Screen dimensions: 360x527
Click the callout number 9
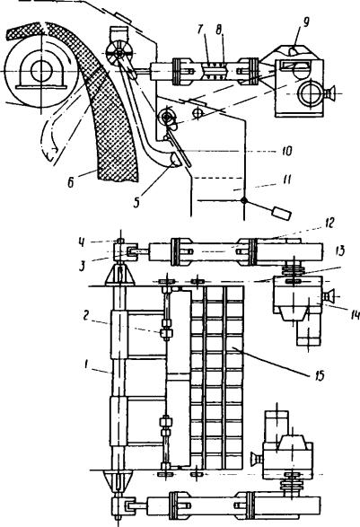click(305, 23)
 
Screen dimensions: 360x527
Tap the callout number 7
click(201, 30)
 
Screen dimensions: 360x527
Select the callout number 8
click(219, 30)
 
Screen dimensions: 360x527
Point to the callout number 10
click(286, 151)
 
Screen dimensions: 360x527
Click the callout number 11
click(285, 180)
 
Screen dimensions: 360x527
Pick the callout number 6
click(71, 182)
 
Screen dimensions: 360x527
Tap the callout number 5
click(136, 203)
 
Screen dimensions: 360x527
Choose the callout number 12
click(329, 224)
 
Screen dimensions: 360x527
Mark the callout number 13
click(340, 251)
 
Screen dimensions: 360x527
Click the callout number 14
click(355, 315)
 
